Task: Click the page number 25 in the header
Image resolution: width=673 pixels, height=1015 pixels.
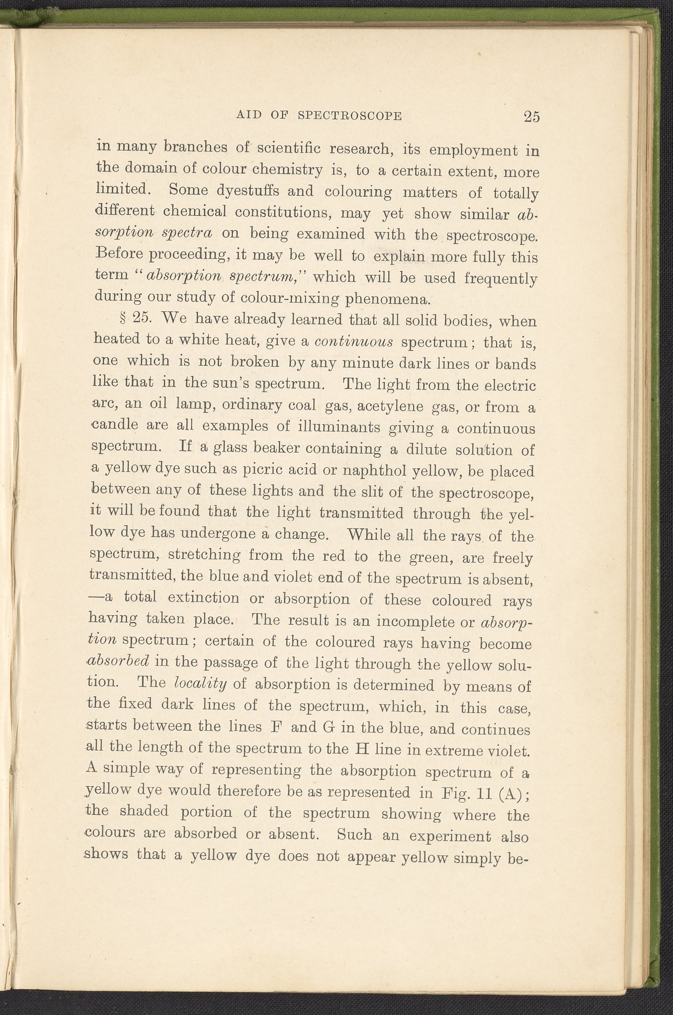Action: pos(531,117)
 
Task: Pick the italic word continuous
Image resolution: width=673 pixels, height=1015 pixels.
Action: pos(354,341)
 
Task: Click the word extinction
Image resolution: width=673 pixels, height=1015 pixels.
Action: pos(203,597)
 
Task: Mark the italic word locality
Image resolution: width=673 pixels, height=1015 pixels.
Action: pos(200,684)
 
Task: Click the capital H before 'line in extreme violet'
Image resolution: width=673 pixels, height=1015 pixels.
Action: pos(358,749)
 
